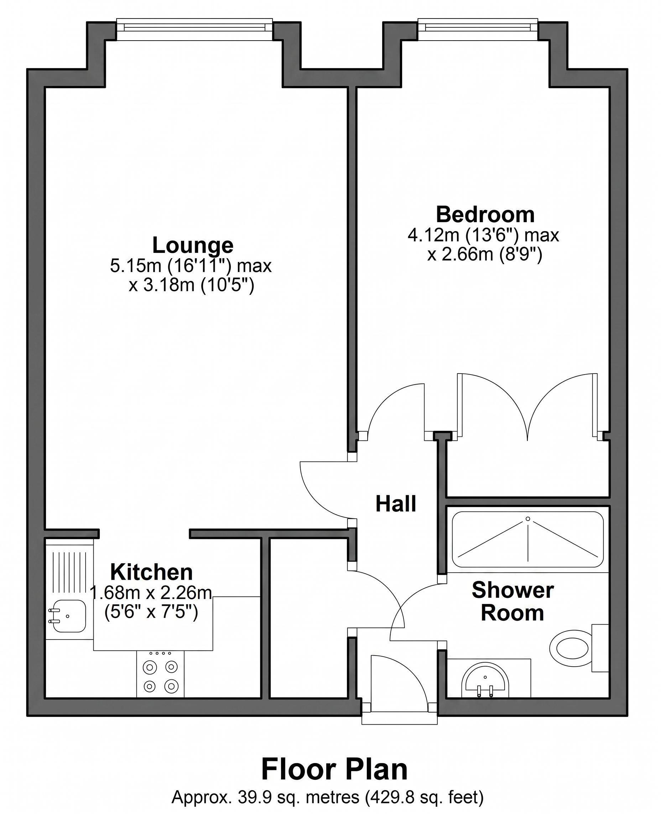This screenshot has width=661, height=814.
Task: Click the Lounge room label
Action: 193,246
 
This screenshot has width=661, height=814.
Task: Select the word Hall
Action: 396,504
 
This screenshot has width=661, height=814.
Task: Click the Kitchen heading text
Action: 152,572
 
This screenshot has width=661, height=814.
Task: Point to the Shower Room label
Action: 512,601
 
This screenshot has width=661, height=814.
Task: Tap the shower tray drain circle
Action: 528,518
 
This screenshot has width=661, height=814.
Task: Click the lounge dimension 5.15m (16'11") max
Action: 191,266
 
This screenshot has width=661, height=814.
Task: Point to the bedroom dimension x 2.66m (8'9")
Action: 484,254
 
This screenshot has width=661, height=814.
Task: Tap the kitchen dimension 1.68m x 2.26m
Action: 151,593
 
